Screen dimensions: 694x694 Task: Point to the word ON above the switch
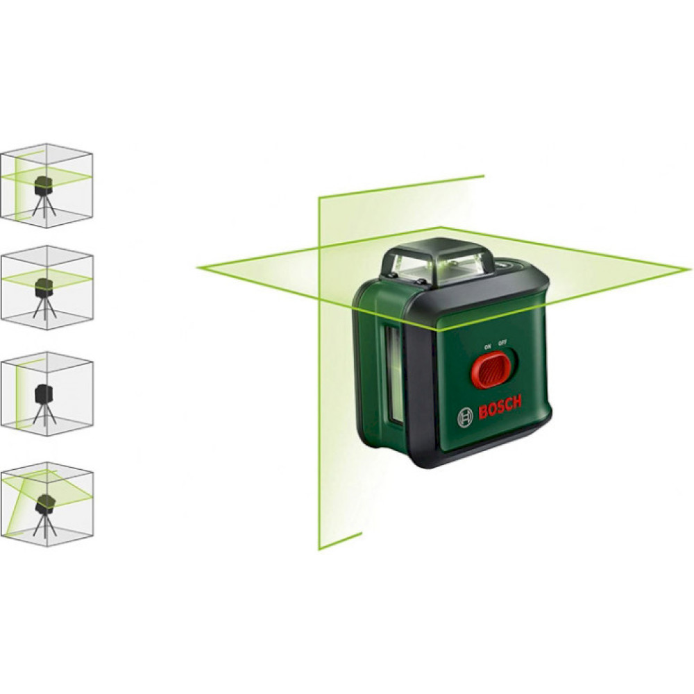(x=488, y=346)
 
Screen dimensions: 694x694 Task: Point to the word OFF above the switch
(x=502, y=343)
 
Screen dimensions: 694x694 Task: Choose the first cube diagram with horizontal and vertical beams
(x=46, y=185)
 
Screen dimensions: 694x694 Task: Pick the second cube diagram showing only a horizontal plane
(x=47, y=288)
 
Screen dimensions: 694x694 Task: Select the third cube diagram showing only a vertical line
(x=47, y=394)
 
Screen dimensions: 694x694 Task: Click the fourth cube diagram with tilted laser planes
(x=47, y=504)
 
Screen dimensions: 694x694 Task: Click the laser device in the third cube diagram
(x=44, y=393)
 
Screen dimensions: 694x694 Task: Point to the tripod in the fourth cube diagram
(x=44, y=526)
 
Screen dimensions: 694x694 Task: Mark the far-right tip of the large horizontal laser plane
(x=691, y=268)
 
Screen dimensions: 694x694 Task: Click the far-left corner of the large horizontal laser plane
(x=197, y=267)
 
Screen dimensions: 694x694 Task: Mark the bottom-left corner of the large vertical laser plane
(x=319, y=549)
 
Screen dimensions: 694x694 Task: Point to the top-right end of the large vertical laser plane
(x=484, y=176)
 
